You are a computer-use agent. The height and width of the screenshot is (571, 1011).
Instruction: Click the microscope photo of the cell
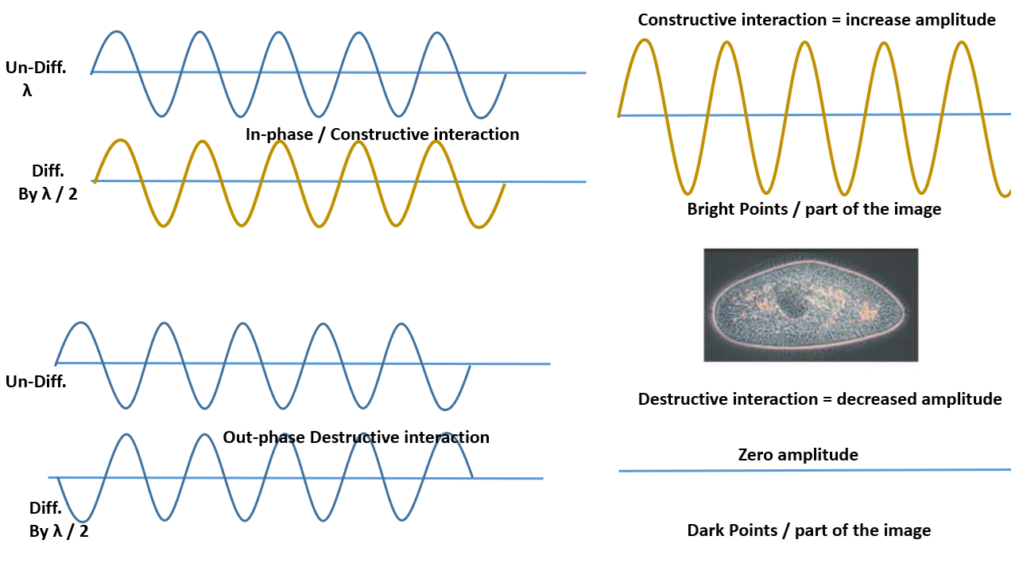(811, 305)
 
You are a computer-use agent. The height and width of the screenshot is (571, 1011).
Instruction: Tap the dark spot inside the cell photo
(790, 302)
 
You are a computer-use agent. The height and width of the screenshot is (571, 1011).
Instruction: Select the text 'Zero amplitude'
(798, 455)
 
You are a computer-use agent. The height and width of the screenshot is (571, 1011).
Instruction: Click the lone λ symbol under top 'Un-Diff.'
(28, 90)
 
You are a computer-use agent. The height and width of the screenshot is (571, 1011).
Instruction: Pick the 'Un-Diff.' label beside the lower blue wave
(36, 382)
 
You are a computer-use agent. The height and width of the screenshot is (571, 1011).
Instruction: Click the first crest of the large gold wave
(645, 40)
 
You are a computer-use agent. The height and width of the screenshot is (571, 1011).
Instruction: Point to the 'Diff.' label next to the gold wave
(47, 171)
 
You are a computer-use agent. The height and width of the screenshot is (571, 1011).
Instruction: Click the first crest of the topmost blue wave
(118, 33)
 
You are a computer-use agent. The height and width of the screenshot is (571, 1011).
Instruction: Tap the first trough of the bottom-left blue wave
(82, 521)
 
